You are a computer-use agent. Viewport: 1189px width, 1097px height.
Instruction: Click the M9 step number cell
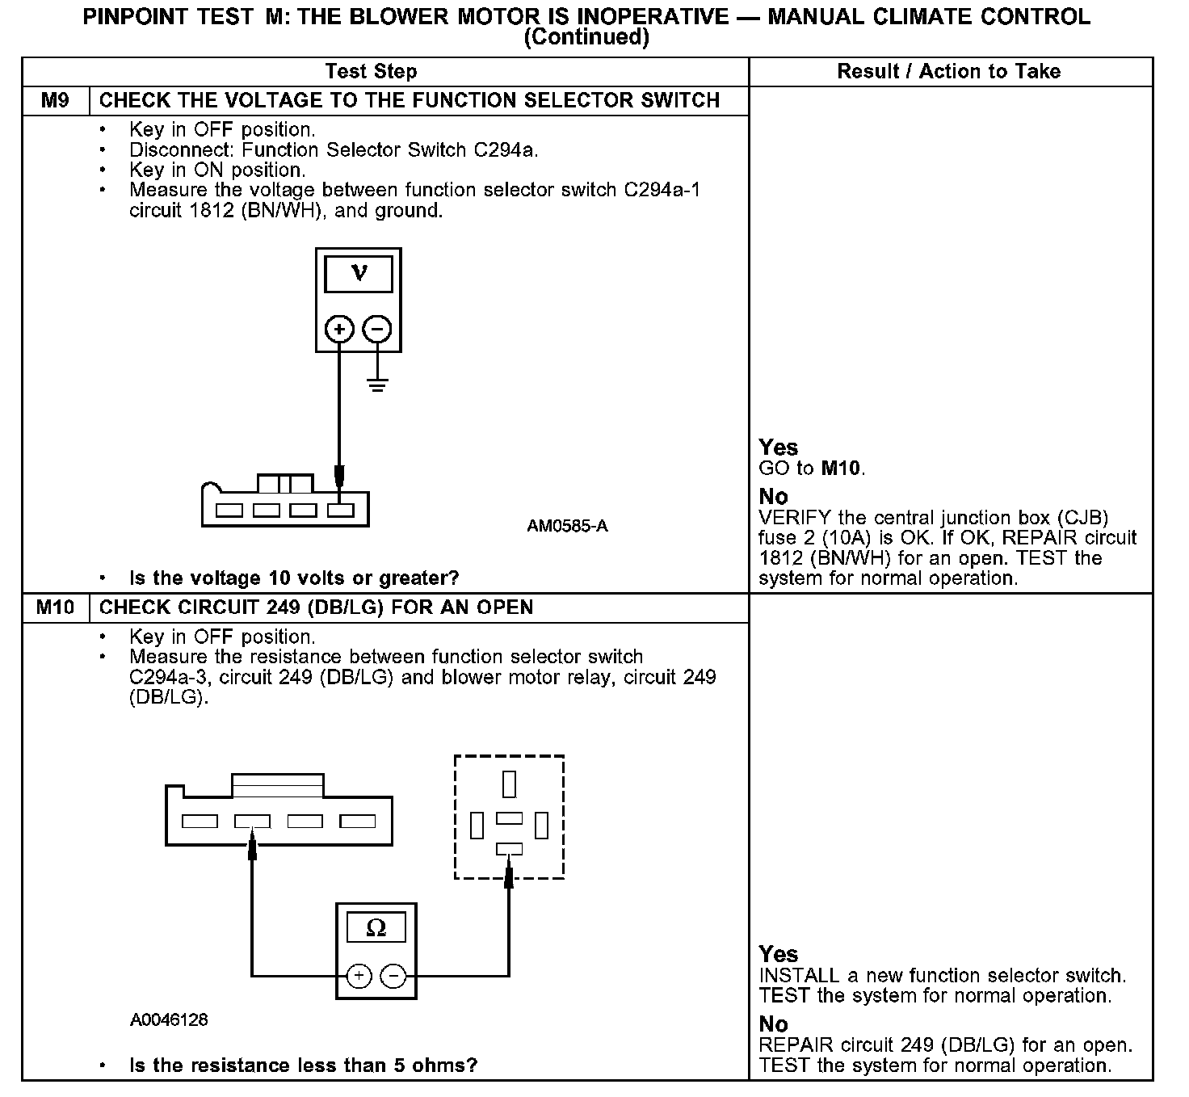point(55,101)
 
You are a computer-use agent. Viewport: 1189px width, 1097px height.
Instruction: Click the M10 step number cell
point(55,607)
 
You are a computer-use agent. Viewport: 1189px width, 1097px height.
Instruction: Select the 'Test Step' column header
point(371,72)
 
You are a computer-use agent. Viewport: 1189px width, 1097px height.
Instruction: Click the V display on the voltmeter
point(359,274)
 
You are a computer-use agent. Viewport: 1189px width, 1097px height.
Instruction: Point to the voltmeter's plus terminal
point(339,329)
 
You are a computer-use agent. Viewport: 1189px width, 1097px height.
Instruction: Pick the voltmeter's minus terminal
point(377,329)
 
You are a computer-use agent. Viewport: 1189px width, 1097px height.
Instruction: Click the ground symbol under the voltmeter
point(377,384)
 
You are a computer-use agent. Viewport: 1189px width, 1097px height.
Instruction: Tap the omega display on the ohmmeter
point(376,927)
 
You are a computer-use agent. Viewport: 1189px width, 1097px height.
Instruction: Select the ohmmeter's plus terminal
point(359,976)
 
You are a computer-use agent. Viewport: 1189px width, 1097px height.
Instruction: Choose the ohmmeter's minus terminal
point(393,976)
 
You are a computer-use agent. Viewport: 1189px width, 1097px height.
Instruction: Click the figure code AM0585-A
point(567,527)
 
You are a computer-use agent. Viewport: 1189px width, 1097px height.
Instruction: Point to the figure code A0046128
point(169,1020)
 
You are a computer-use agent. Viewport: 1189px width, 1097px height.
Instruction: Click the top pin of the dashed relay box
point(509,784)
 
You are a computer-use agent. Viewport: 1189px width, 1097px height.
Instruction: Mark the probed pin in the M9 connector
point(341,511)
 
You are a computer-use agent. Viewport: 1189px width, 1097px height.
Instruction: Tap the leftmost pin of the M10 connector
point(200,822)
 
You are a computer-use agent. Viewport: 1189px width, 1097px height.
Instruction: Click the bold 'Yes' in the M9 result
point(778,448)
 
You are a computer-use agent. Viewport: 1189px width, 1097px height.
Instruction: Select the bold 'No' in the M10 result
point(773,1024)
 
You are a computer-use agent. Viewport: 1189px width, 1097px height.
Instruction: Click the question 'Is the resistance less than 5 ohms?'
point(303,1065)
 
